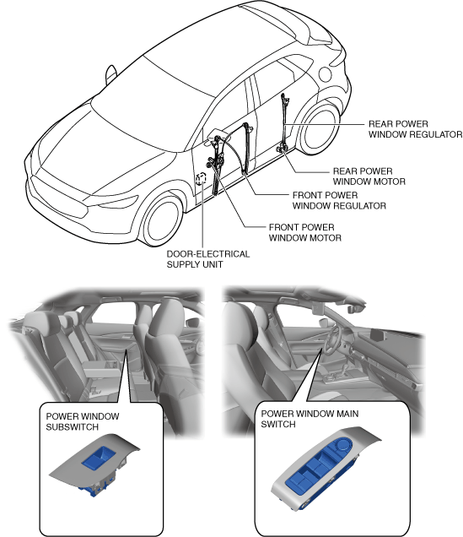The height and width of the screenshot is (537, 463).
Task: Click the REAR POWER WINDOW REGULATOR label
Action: tap(415, 129)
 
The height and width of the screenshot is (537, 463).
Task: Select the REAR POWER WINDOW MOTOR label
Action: tap(369, 176)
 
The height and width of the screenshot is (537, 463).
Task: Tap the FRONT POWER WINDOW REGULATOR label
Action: tap(339, 200)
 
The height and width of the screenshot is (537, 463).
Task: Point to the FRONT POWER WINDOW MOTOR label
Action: tap(305, 232)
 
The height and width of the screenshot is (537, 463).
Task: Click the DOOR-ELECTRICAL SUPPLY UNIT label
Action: tap(208, 259)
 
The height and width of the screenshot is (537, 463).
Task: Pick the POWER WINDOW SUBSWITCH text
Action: tap(83, 421)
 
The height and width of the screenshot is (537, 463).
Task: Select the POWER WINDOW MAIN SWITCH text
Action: tap(310, 419)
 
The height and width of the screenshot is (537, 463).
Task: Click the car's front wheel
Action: tap(161, 220)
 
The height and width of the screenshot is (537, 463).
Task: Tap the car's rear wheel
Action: tap(320, 129)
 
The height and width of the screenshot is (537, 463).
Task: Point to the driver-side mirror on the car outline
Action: tap(110, 74)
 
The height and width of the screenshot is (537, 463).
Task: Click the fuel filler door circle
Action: tap(325, 74)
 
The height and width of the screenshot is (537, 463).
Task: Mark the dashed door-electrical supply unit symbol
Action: tap(201, 179)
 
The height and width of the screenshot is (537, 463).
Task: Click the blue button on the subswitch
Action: tap(99, 457)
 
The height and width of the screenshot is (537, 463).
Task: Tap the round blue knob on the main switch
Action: tap(342, 445)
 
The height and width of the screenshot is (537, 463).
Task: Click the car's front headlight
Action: tap(117, 201)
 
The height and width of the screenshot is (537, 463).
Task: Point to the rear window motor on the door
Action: tap(283, 149)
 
